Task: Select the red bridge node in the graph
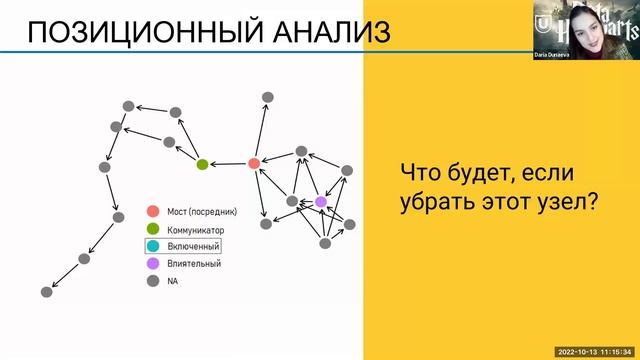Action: tap(254, 163)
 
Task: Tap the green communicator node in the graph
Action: tap(202, 164)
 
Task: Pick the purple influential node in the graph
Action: tap(321, 202)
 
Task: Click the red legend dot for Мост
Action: tap(152, 212)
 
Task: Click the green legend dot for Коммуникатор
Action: tap(152, 229)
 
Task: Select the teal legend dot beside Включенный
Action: tap(152, 246)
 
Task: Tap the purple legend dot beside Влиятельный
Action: tap(152, 264)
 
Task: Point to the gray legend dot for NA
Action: tap(152, 281)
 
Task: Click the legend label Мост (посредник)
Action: tap(202, 212)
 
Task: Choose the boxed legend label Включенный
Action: tap(193, 246)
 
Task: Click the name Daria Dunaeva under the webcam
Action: tap(556, 56)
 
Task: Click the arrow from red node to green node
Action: tap(228, 164)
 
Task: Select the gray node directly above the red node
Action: tap(267, 97)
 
